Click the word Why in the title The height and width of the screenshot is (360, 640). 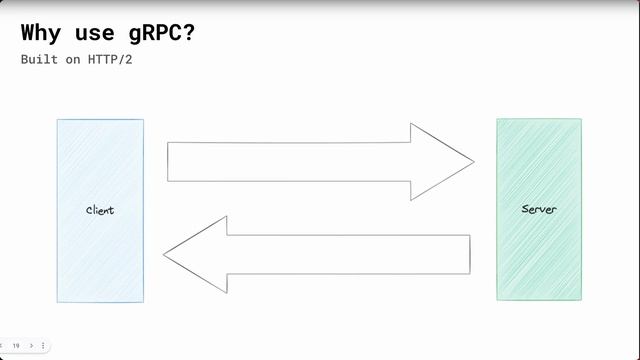click(x=42, y=32)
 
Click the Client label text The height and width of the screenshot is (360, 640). click(x=100, y=210)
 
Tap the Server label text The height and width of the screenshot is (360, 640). click(x=539, y=210)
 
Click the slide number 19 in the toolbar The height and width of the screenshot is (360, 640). click(x=16, y=345)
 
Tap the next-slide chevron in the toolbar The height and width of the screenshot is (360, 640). click(x=31, y=345)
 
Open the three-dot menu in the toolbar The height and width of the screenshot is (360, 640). click(x=43, y=345)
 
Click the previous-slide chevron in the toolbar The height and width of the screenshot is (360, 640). click(x=3, y=345)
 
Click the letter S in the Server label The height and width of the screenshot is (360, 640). click(x=525, y=210)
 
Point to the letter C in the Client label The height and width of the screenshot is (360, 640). click(x=89, y=210)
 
